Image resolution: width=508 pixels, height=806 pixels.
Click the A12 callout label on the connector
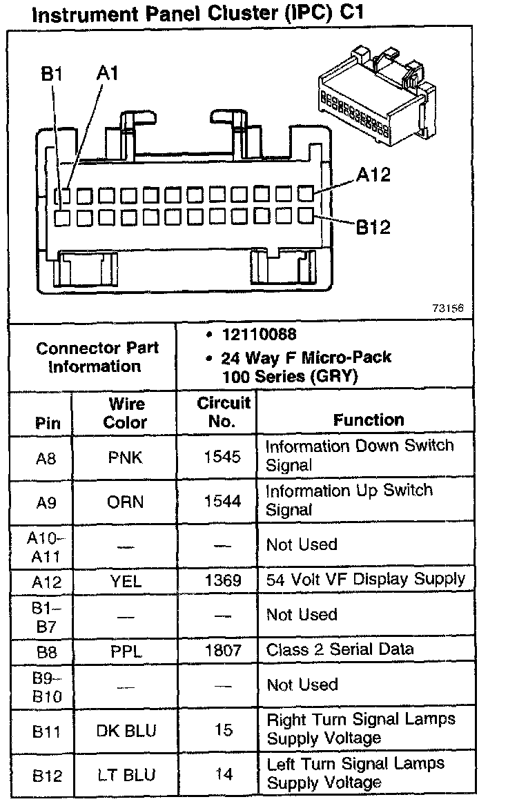[373, 175]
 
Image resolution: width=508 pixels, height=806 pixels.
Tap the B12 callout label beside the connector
[373, 226]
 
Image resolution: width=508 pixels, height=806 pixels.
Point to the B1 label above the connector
[52, 74]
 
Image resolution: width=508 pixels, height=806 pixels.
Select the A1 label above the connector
[107, 74]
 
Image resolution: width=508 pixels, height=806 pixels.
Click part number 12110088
[259, 335]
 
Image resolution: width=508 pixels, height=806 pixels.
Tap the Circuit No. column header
[222, 413]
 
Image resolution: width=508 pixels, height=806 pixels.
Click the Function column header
[369, 420]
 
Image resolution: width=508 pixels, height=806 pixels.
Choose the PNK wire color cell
[125, 457]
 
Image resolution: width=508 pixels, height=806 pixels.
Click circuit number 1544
[222, 501]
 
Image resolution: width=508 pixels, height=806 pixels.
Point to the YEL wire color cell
[125, 581]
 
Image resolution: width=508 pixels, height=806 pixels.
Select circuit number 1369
[222, 581]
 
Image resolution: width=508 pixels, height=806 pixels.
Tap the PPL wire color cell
[125, 650]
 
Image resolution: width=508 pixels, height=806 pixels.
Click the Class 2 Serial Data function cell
[340, 649]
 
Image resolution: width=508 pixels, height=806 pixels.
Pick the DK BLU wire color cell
[125, 730]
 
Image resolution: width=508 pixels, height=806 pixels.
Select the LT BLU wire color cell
[125, 775]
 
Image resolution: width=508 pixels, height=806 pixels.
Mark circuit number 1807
[222, 650]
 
